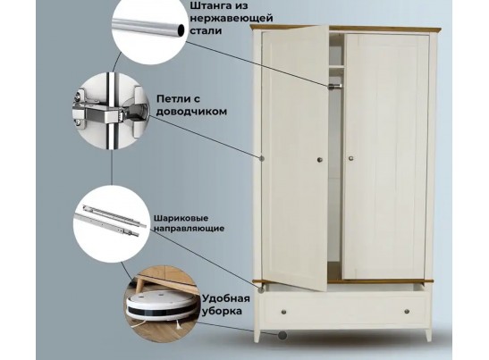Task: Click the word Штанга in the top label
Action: pos(211,6)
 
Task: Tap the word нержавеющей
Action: pos(232,19)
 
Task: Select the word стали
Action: pos(206,31)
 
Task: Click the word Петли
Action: pos(174,99)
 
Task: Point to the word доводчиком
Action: pos(191,112)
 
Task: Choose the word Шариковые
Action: pos(181,218)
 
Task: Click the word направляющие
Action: pos(189,229)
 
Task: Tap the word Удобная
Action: pos(226,298)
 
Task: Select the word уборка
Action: pos(222,311)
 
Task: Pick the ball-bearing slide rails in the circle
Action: pos(111,220)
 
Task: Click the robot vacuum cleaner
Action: pos(161,306)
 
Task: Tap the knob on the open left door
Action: pos(320,160)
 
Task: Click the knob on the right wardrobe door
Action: pos(351,158)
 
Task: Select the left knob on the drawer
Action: pos(283,312)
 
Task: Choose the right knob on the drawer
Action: pos(407,311)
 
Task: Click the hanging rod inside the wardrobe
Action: pos(335,86)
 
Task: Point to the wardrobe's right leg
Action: pos(429,335)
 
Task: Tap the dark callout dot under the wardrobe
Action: pos(282,335)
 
